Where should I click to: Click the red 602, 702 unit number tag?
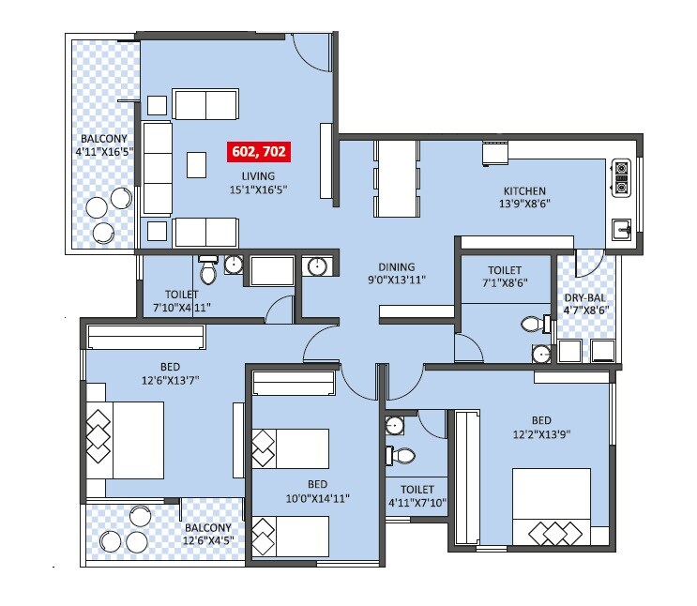coord(258,150)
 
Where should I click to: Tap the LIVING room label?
coord(258,175)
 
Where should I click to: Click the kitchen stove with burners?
coord(620,178)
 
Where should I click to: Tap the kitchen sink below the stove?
coord(621,228)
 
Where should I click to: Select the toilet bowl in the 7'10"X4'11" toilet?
coord(208,272)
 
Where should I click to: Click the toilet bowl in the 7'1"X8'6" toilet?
coord(532,326)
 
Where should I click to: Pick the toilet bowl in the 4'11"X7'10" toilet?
coord(402,456)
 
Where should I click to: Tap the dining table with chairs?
coord(395,177)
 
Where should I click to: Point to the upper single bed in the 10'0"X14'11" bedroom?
coord(290,448)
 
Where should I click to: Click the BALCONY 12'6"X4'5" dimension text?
coord(209,542)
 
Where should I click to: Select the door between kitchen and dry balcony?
coord(588,263)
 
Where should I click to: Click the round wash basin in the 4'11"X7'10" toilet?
coord(396,425)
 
